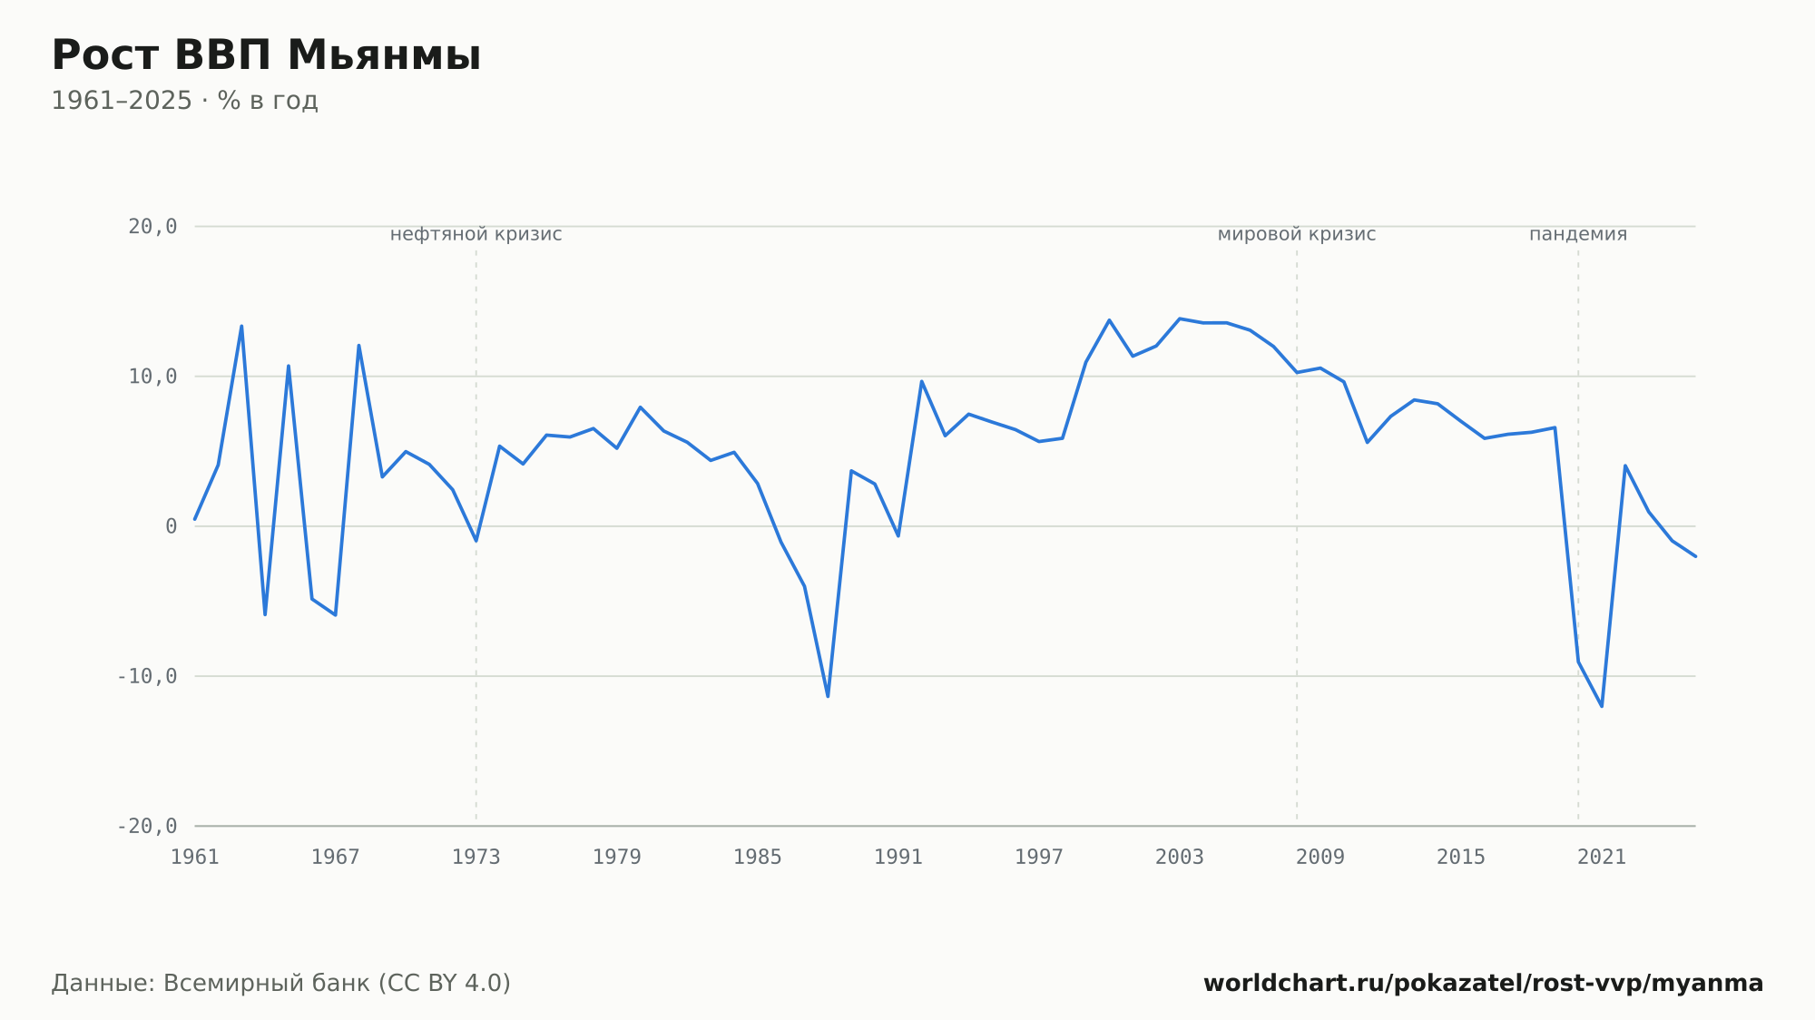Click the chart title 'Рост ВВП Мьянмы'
pyautogui.click(x=266, y=55)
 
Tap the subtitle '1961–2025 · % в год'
pyautogui.click(x=184, y=101)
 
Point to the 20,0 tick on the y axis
pyautogui.click(x=152, y=227)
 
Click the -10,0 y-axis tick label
pyautogui.click(x=147, y=676)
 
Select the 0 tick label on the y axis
pyautogui.click(x=172, y=526)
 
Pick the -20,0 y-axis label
pyautogui.click(x=147, y=826)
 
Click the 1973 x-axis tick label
pyautogui.click(x=476, y=858)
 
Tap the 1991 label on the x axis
pyautogui.click(x=898, y=858)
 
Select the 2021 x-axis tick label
pyautogui.click(x=1602, y=858)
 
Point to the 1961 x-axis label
pyautogui.click(x=195, y=858)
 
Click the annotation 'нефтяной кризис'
pyautogui.click(x=476, y=234)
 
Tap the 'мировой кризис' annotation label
pyautogui.click(x=1297, y=234)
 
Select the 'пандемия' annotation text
pyautogui.click(x=1578, y=234)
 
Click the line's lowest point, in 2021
pyautogui.click(x=1602, y=706)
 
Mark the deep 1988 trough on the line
pyautogui.click(x=828, y=696)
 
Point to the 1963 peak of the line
pyautogui.click(x=241, y=326)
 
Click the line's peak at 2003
pyautogui.click(x=1179, y=319)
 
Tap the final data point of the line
pyautogui.click(x=1695, y=556)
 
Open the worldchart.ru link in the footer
pyautogui.click(x=1484, y=984)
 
